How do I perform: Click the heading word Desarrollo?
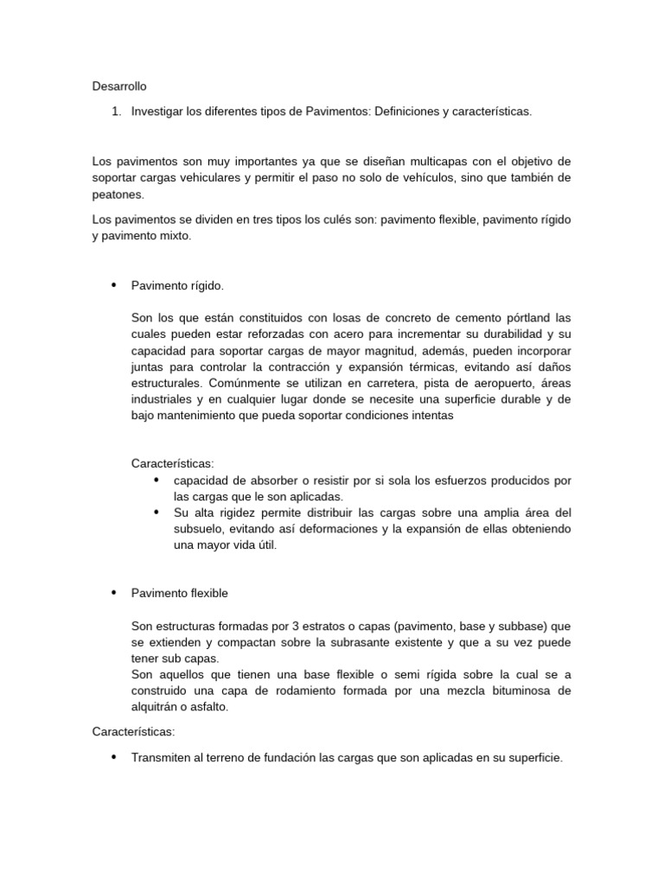pyautogui.click(x=119, y=86)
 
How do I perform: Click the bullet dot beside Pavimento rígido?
pyautogui.click(x=114, y=284)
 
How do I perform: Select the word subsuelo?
pyautogui.click(x=197, y=529)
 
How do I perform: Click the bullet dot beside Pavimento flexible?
pyautogui.click(x=114, y=593)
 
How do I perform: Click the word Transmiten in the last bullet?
pyautogui.click(x=163, y=757)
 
